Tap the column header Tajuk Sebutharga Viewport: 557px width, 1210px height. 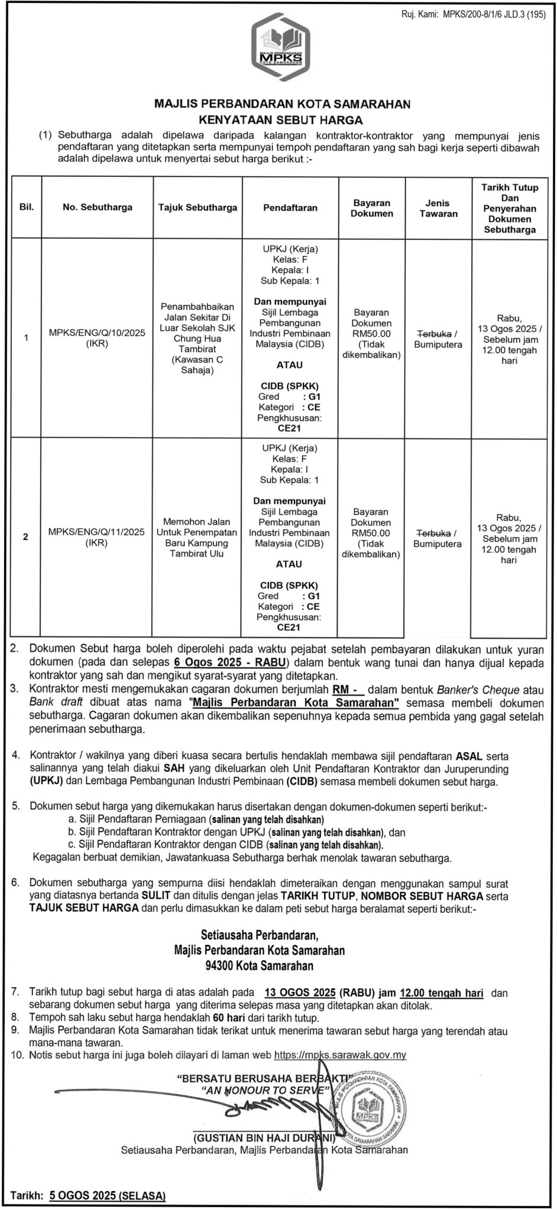coord(197,207)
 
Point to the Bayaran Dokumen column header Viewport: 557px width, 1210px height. coord(371,208)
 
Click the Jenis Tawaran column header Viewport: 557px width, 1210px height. coord(438,208)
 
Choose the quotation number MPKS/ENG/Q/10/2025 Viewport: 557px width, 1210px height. coord(97,333)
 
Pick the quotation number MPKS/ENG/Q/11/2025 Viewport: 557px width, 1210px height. coord(97,532)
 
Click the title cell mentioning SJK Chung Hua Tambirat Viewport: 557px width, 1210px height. coord(197,339)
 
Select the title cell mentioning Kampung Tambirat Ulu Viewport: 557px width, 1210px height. coord(197,537)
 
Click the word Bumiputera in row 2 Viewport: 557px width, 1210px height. coord(438,543)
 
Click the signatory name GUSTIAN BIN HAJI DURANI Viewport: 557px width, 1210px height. coord(264,1137)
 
